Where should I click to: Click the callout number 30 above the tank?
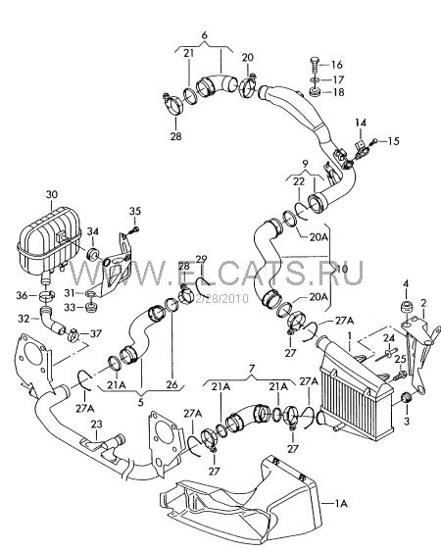52,195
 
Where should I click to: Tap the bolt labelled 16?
315,65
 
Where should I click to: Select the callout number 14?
361,123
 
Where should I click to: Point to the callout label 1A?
340,504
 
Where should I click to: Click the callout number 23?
97,425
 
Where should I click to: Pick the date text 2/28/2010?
221,299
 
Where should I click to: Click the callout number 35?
135,211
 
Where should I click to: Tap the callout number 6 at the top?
205,35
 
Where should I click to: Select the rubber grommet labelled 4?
407,307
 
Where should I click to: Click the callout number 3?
407,422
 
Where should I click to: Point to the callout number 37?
95,333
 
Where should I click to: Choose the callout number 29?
201,260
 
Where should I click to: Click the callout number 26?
172,384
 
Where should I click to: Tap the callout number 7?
251,369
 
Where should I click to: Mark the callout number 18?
338,92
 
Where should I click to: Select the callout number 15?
394,141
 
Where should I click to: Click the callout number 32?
24,319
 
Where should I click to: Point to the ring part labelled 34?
93,254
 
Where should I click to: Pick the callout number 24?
389,338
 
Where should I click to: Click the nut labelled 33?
91,308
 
